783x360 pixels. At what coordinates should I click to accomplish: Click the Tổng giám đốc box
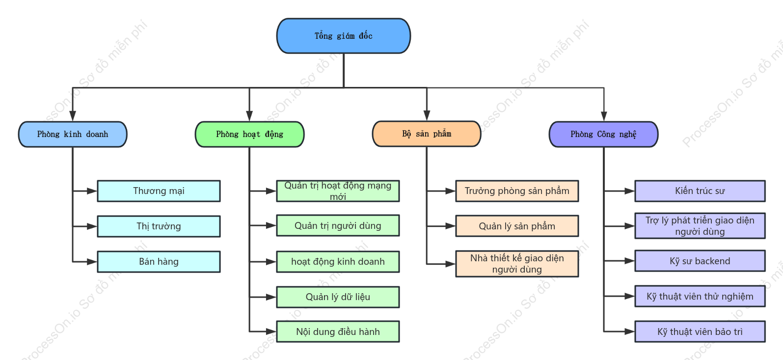(x=344, y=36)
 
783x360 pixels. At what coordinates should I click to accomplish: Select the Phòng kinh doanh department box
(x=73, y=135)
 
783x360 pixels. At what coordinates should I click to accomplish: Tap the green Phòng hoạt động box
(x=249, y=135)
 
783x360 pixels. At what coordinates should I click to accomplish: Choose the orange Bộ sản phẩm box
(x=427, y=134)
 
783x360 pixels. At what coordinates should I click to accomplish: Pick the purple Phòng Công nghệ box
(x=604, y=135)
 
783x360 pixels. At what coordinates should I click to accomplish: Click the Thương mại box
(x=159, y=191)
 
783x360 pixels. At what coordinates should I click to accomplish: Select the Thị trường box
(x=159, y=226)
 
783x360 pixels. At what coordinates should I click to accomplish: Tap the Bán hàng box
(x=159, y=262)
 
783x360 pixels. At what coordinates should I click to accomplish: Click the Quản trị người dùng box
(x=338, y=225)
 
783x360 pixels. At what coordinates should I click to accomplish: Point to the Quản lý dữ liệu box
(x=338, y=297)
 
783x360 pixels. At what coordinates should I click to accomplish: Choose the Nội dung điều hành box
(x=338, y=332)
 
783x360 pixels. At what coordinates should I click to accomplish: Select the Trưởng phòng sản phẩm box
(x=517, y=191)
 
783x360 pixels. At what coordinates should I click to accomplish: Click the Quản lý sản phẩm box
(x=517, y=226)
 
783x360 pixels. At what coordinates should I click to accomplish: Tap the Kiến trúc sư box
(x=700, y=191)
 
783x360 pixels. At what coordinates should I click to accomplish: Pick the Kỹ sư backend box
(x=700, y=261)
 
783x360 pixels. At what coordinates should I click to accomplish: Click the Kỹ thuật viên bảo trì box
(x=700, y=332)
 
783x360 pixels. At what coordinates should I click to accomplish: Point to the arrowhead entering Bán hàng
(x=92, y=262)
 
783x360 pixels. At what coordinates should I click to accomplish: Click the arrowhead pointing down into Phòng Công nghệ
(x=604, y=116)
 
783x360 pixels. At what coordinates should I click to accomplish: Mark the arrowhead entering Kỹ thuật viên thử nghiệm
(x=630, y=296)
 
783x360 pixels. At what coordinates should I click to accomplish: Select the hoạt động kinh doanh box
(x=338, y=262)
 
